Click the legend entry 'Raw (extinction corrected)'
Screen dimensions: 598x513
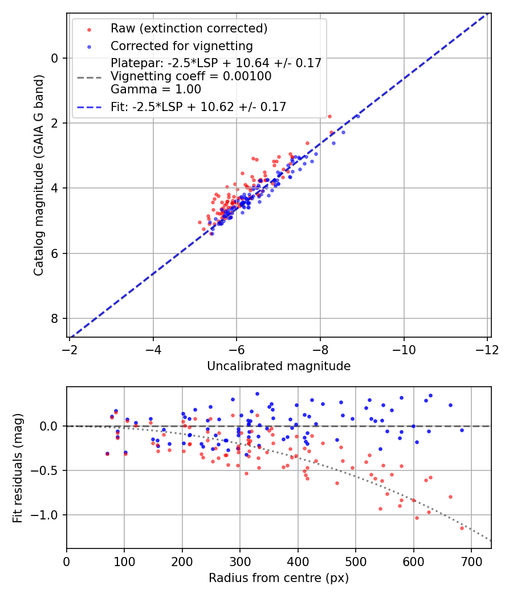[189, 28]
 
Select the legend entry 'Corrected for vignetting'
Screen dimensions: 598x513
[181, 46]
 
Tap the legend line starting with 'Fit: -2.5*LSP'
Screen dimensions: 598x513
[198, 107]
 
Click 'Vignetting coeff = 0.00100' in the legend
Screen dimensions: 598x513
[191, 76]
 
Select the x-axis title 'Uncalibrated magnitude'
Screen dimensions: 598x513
[279, 366]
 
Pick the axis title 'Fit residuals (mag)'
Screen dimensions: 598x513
[18, 468]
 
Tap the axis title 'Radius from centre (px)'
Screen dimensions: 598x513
[279, 578]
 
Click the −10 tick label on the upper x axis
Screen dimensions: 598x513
[404, 349]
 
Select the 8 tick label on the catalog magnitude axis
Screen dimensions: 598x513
[55, 318]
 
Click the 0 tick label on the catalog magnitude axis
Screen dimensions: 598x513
[55, 58]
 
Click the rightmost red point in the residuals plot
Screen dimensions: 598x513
[462, 528]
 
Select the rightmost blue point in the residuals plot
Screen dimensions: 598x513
[462, 430]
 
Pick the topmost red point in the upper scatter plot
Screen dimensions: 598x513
[329, 116]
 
